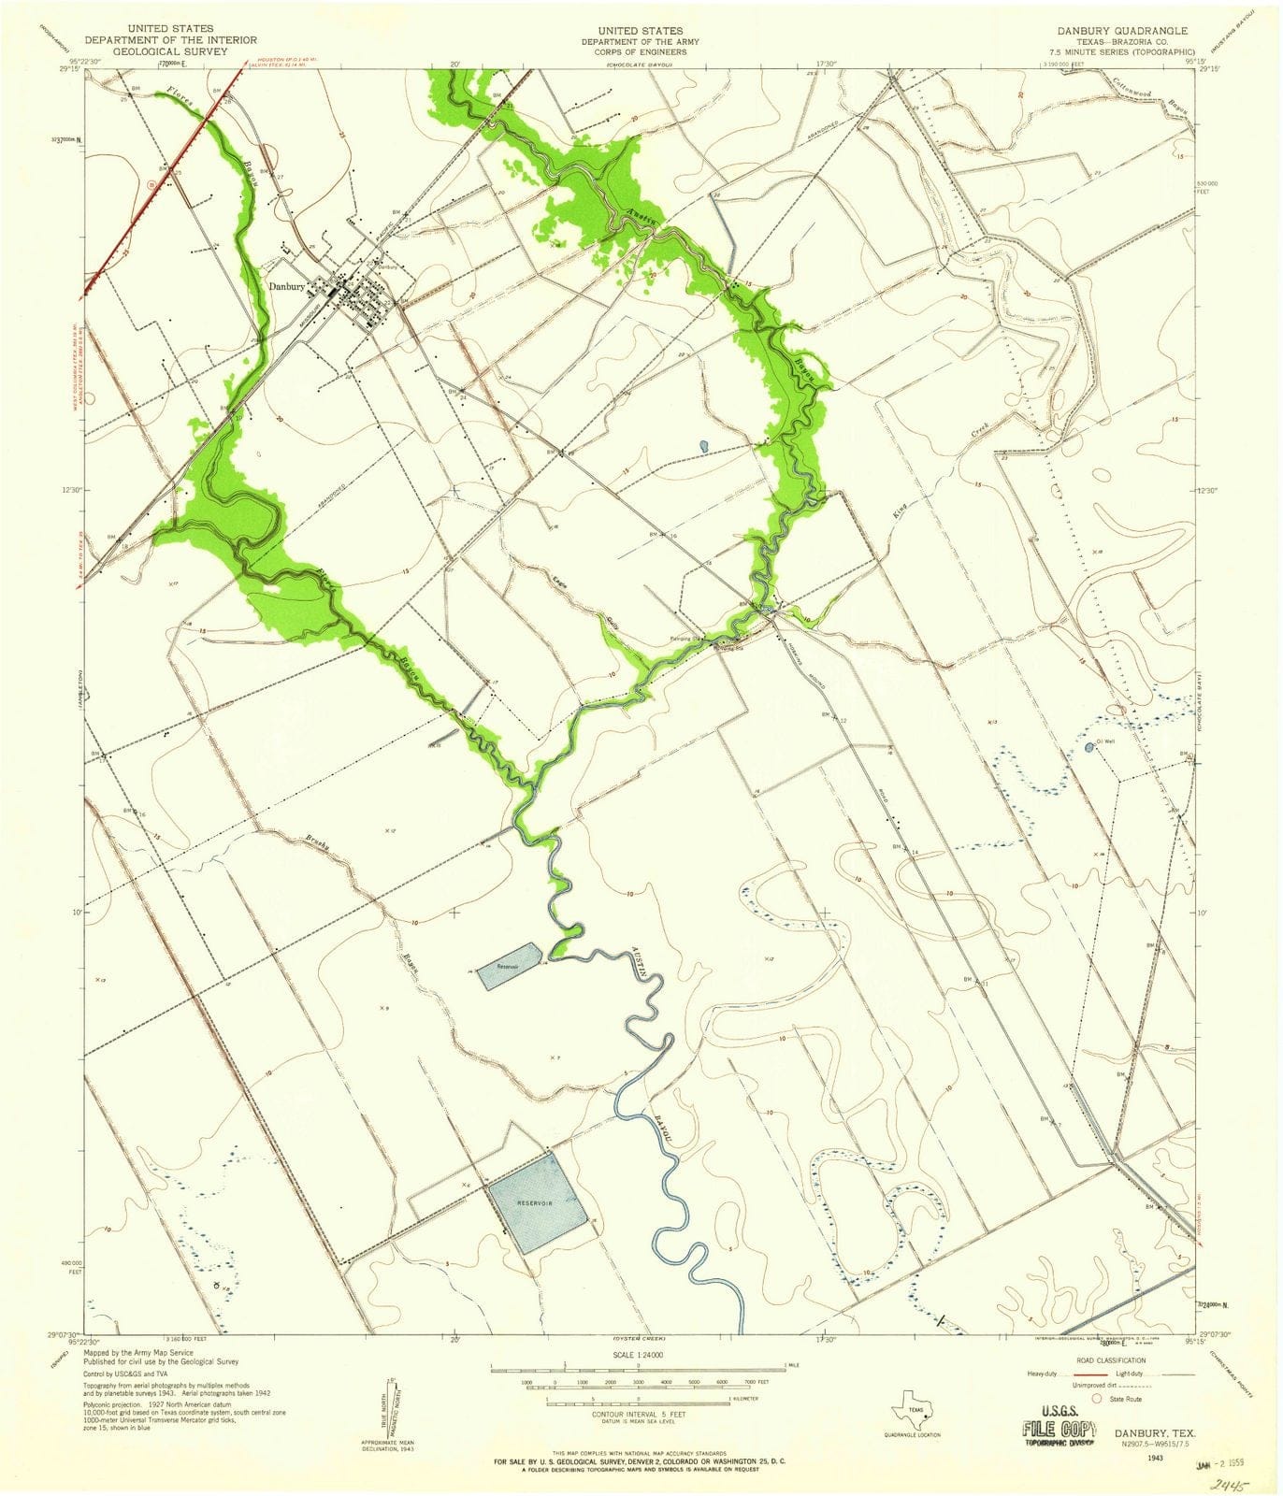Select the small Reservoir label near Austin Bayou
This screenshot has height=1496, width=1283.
tap(507, 966)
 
